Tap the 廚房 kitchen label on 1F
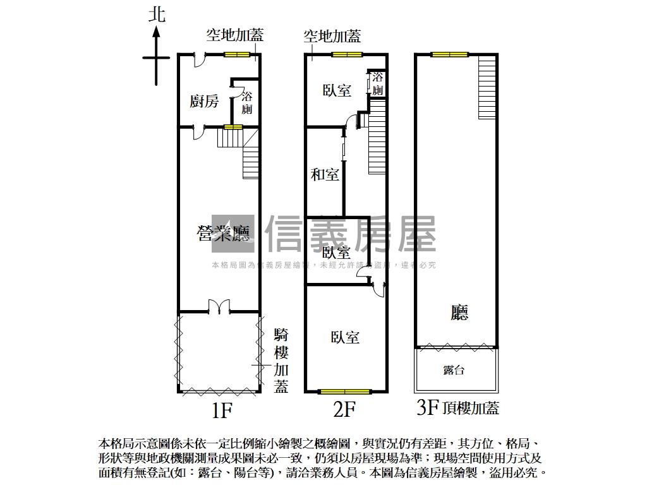[x=204, y=101]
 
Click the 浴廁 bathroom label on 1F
[x=247, y=103]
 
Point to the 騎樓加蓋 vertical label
[x=281, y=361]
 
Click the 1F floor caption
[x=222, y=411]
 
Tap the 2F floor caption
[x=344, y=411]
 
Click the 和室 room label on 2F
[x=325, y=175]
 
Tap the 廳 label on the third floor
[x=459, y=313]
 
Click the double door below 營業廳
[x=219, y=307]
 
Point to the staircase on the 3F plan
[x=487, y=87]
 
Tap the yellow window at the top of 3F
[x=449, y=55]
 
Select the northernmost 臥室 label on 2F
[x=337, y=90]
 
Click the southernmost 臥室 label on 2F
[x=345, y=337]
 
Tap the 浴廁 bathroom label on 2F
[x=377, y=84]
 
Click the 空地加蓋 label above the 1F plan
[x=234, y=35]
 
